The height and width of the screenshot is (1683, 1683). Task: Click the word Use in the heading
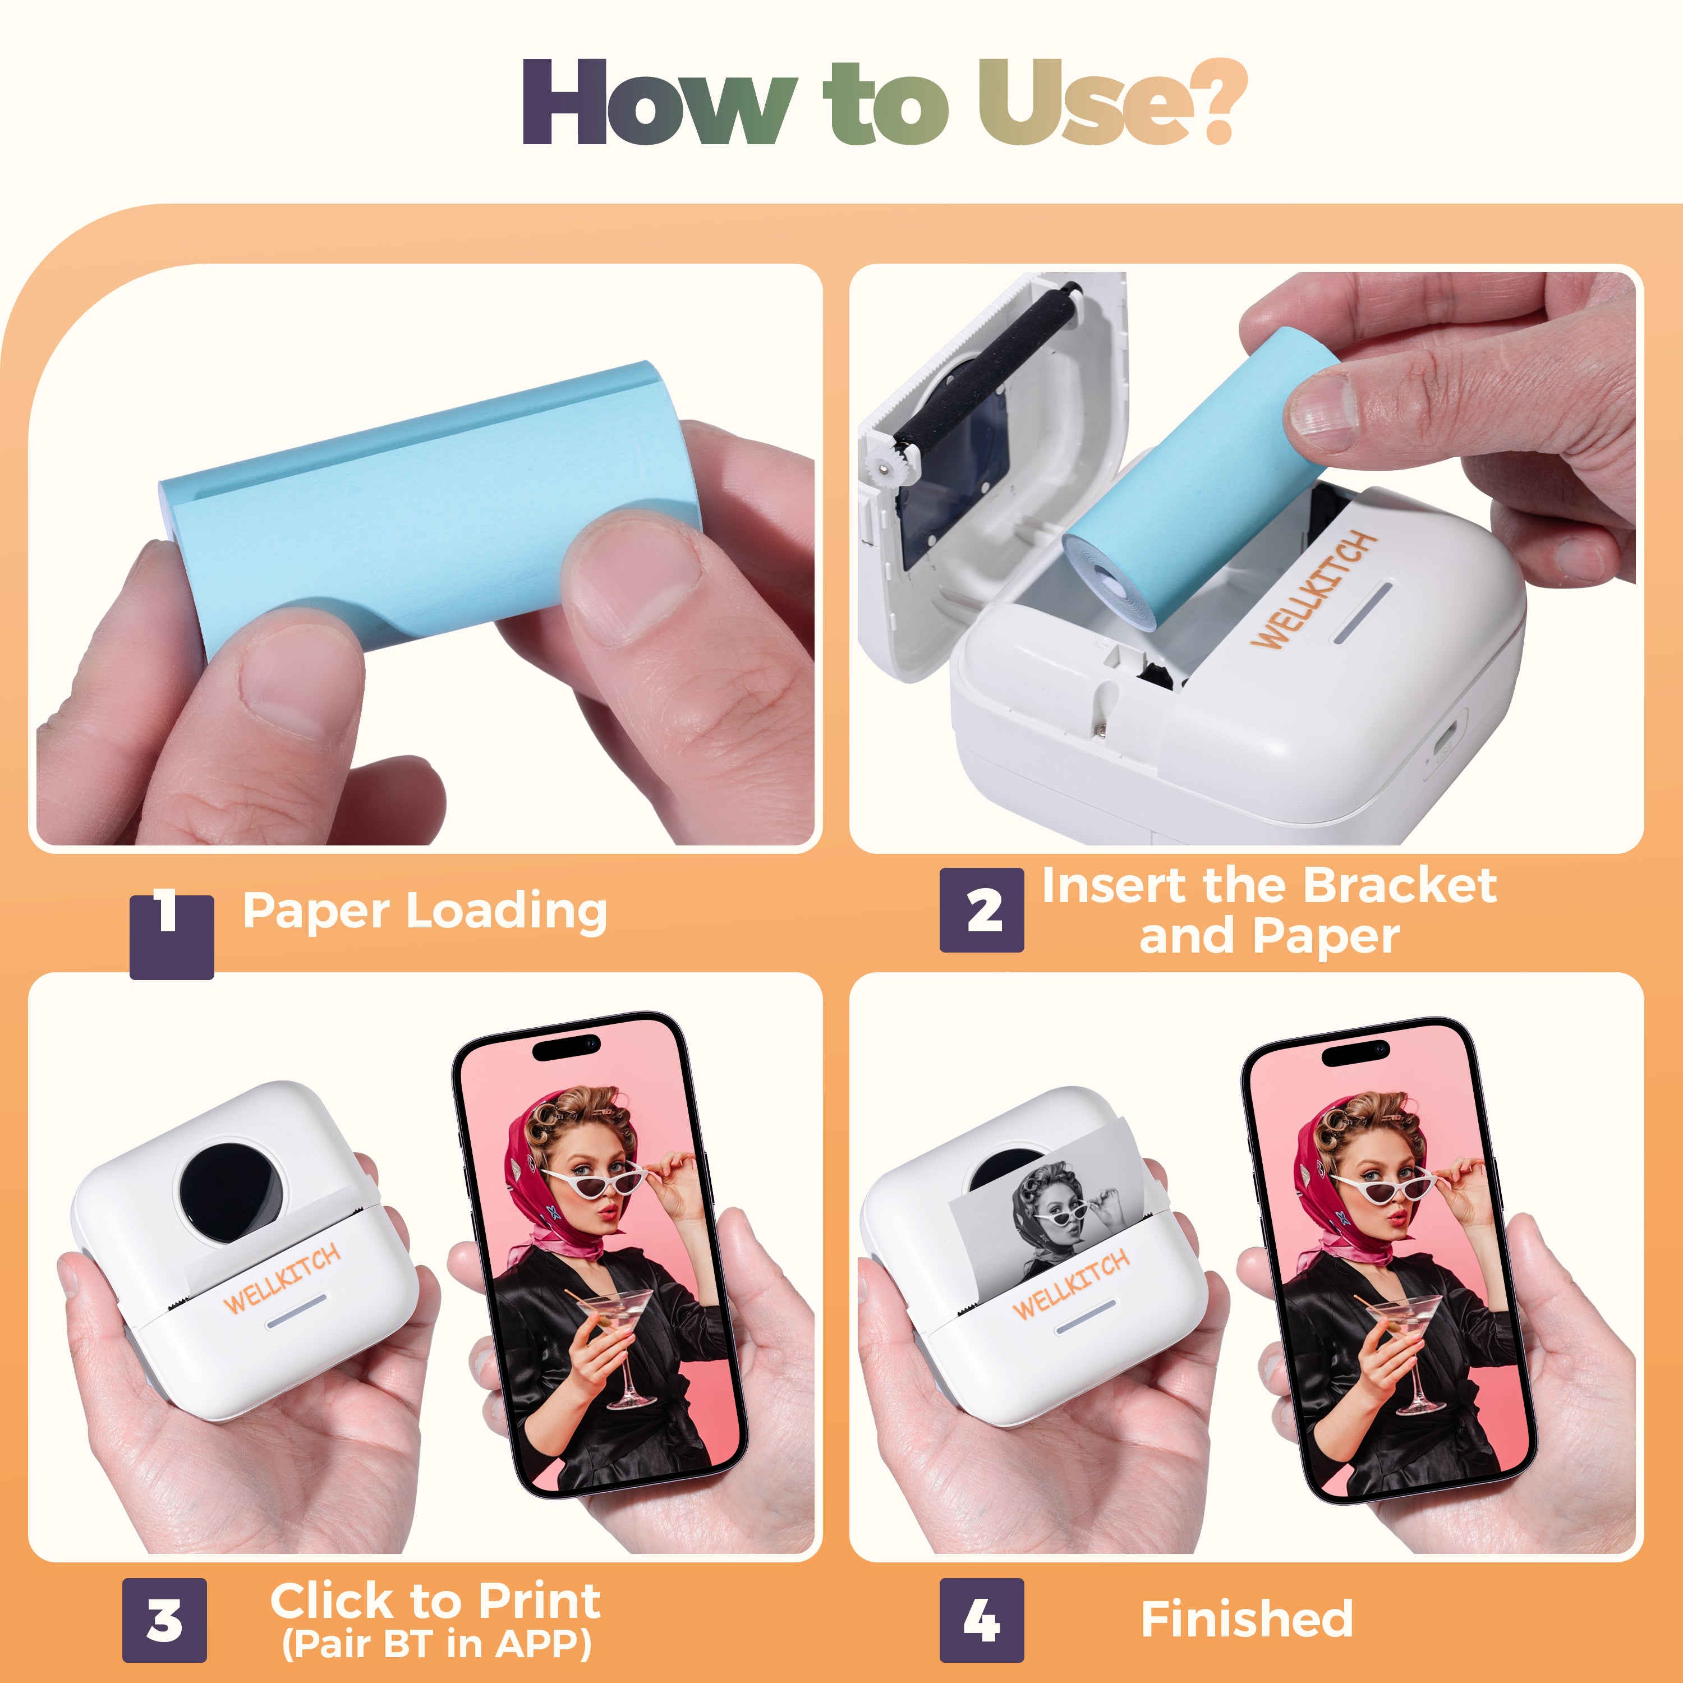(1078, 102)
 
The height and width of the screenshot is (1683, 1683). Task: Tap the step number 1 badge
(172, 936)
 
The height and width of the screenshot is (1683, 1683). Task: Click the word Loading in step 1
(507, 913)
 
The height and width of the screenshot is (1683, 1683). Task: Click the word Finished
(1247, 1620)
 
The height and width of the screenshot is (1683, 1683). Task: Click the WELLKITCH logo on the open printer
(1314, 591)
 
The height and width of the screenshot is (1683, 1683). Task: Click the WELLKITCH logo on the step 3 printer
(282, 1279)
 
